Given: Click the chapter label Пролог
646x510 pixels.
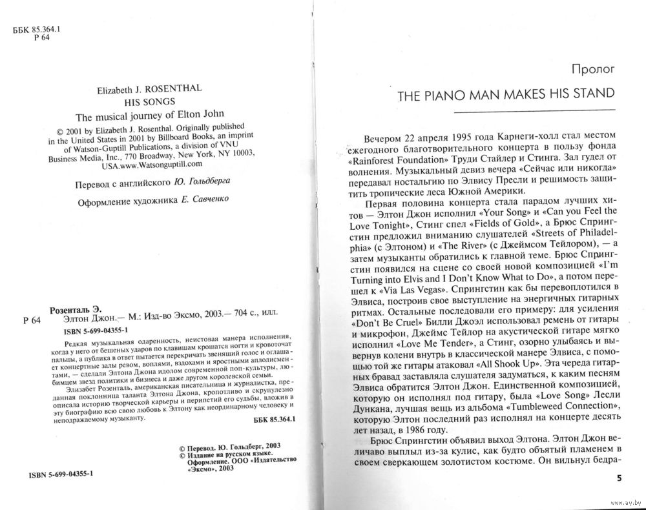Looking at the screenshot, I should (x=592, y=67).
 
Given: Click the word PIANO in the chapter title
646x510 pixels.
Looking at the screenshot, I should (x=455, y=94).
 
